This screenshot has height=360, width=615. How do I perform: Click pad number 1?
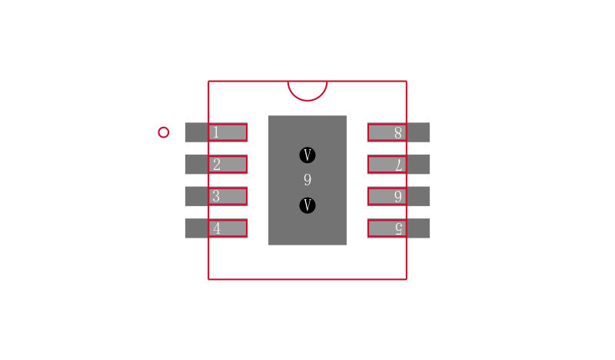(x=216, y=132)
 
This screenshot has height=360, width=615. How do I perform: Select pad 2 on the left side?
(x=216, y=164)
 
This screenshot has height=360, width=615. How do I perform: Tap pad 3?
(x=216, y=196)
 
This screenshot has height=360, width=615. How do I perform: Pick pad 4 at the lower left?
(x=216, y=228)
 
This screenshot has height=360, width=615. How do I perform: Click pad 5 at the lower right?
(x=398, y=228)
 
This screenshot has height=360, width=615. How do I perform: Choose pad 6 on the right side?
(x=398, y=196)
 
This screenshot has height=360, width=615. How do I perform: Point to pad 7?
(x=398, y=164)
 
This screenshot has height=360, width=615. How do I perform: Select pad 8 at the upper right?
(x=398, y=132)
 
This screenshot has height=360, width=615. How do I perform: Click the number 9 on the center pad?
(x=307, y=180)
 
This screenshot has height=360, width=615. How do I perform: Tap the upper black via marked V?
(x=307, y=155)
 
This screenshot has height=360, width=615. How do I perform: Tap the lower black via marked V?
(x=307, y=205)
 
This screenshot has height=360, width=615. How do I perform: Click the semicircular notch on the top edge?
(x=307, y=101)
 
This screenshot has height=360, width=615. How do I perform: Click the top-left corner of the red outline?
(x=208, y=82)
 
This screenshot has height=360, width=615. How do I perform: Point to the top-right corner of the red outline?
(x=407, y=82)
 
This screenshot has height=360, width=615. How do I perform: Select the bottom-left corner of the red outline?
(x=208, y=279)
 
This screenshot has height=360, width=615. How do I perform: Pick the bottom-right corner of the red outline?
(x=407, y=279)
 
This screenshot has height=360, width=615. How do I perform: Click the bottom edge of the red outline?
(x=307, y=279)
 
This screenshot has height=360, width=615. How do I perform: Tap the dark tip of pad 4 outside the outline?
(x=197, y=228)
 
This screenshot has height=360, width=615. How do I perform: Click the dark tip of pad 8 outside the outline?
(x=418, y=132)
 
